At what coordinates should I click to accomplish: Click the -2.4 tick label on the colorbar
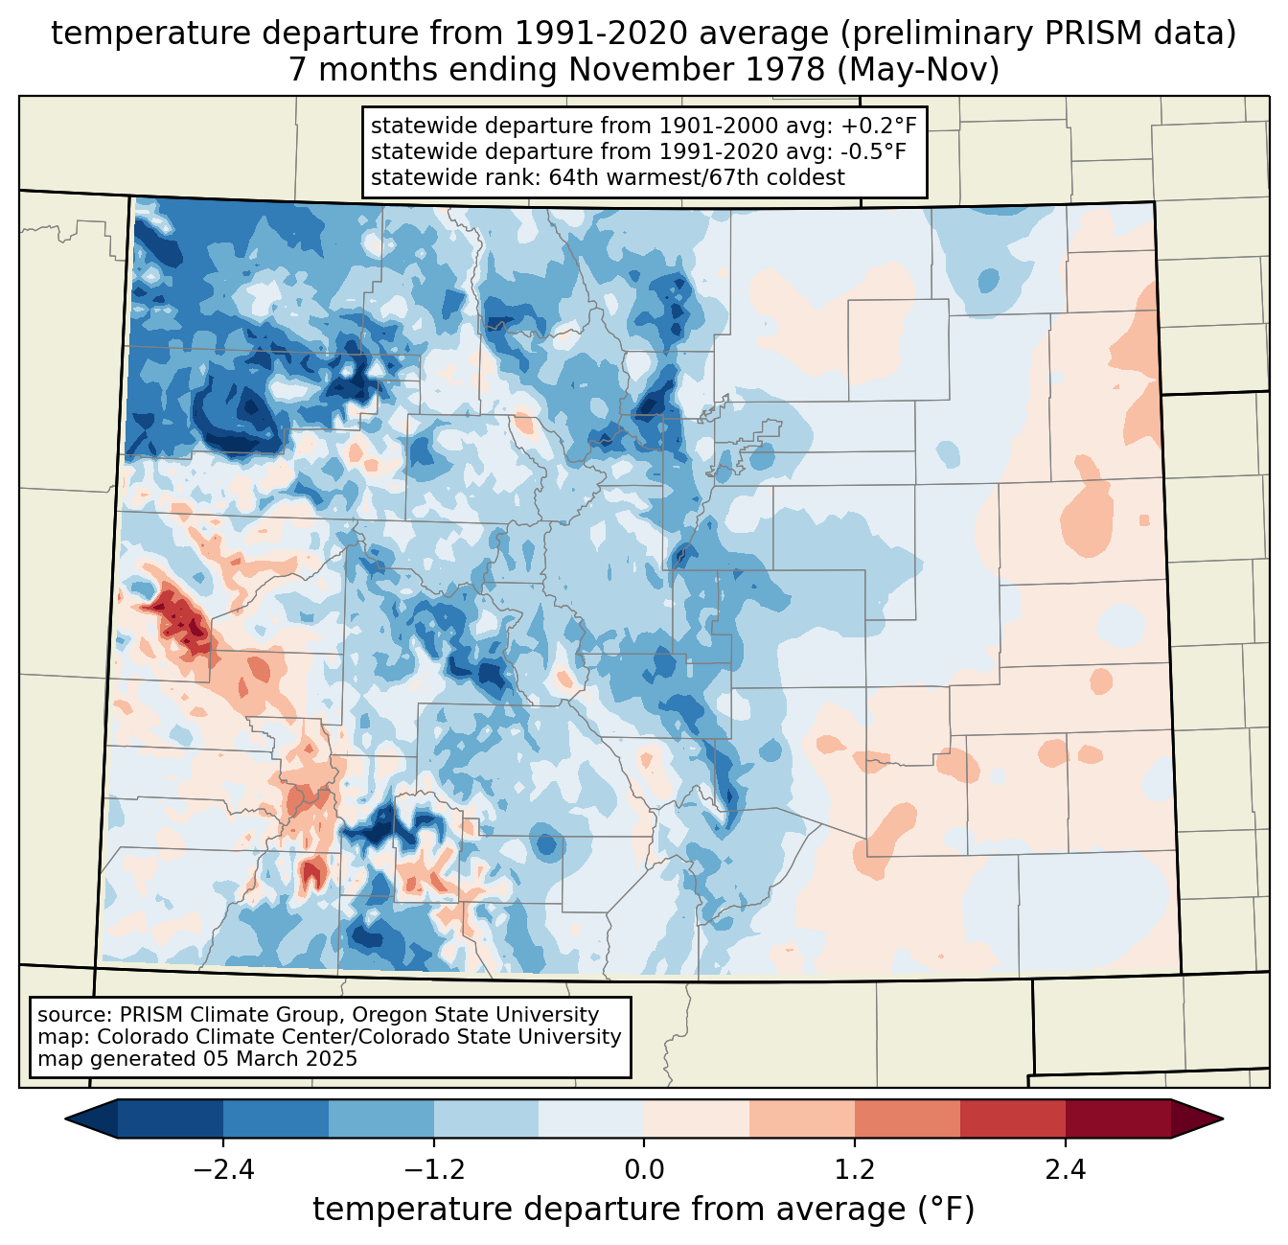(x=223, y=1170)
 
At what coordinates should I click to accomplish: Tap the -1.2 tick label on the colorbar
(x=433, y=1170)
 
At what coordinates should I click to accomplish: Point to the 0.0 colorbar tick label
(x=644, y=1170)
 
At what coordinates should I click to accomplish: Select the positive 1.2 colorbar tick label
(x=855, y=1170)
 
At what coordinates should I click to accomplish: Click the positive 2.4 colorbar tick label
(x=1065, y=1170)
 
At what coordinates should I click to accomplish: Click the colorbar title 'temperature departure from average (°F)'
(x=644, y=1210)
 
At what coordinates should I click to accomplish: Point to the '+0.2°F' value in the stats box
(x=878, y=127)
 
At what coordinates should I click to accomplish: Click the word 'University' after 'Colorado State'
(x=572, y=1037)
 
